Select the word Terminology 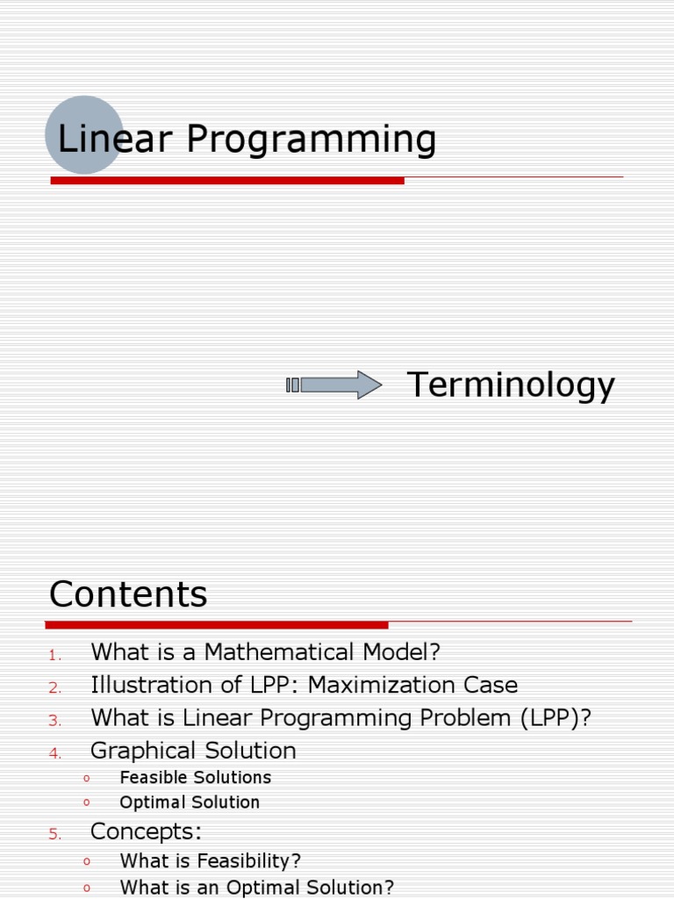pyautogui.click(x=511, y=385)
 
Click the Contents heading pyautogui.click(x=128, y=594)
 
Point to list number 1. pyautogui.click(x=54, y=655)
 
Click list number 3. pyautogui.click(x=54, y=720)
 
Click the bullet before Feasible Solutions pyautogui.click(x=87, y=778)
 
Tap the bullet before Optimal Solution pyautogui.click(x=87, y=802)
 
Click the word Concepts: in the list pyautogui.click(x=146, y=832)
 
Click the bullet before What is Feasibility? pyautogui.click(x=87, y=862)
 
